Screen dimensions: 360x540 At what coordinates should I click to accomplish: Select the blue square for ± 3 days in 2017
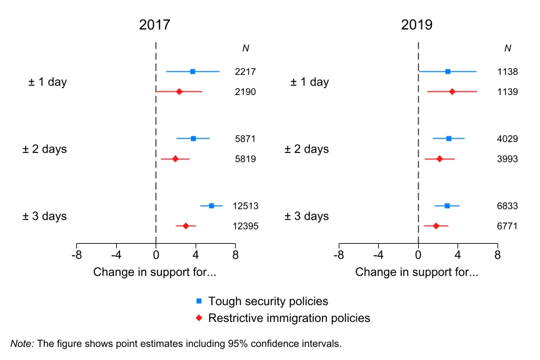(211, 206)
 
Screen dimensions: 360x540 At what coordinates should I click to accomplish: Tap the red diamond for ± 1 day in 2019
(452, 91)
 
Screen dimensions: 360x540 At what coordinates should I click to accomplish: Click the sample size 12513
(246, 206)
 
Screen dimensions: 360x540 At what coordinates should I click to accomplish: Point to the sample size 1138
(507, 72)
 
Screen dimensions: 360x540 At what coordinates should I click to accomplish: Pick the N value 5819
(245, 159)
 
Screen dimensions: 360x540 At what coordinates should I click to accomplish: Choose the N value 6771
(507, 226)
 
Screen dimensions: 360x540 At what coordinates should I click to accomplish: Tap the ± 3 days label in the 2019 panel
(307, 216)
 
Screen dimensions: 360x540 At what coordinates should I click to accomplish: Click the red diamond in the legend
(199, 318)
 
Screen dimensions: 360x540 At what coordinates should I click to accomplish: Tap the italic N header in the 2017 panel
(246, 48)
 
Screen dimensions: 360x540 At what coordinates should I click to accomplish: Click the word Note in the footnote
(21, 343)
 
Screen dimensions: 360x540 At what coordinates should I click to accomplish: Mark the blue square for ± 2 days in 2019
(449, 138)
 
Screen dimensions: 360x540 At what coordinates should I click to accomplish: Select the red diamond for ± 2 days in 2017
(175, 159)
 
